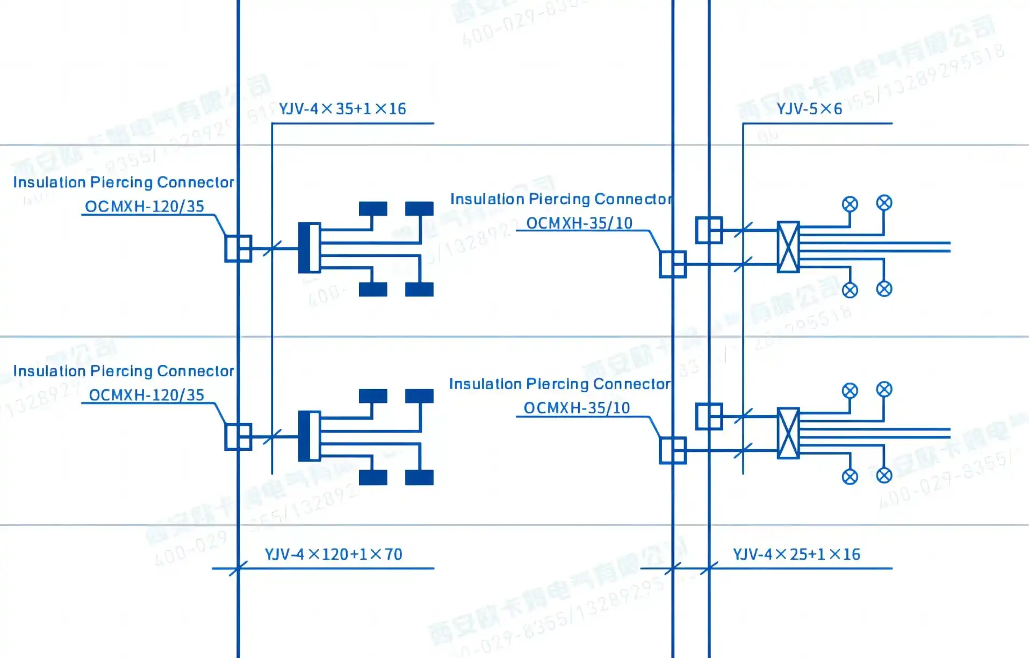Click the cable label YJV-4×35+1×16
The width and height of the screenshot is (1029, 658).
tap(342, 109)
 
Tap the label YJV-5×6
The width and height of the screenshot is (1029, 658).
tap(809, 109)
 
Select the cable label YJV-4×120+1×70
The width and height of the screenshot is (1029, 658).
tap(333, 554)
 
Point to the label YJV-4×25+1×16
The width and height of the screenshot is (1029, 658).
tap(796, 554)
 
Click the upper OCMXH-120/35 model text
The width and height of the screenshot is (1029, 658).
tap(145, 207)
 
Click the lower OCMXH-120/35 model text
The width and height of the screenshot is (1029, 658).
tap(147, 396)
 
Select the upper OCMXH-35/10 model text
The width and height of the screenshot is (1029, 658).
tap(579, 223)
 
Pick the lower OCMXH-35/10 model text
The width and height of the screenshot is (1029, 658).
tap(577, 408)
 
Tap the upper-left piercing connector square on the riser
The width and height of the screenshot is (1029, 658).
tap(238, 248)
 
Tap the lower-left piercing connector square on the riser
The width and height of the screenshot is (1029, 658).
tap(238, 437)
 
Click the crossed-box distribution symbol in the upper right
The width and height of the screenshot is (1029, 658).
tap(788, 247)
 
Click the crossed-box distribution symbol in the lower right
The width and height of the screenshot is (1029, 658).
tap(788, 433)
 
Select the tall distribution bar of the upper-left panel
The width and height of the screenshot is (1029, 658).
tap(309, 248)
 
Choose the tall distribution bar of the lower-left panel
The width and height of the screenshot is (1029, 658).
tap(309, 436)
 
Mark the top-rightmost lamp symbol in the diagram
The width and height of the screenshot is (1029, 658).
tap(884, 203)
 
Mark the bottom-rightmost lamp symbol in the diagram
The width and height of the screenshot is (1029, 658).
tap(884, 476)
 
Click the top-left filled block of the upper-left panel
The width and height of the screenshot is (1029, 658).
tap(373, 208)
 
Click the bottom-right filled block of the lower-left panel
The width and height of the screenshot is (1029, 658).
tap(419, 477)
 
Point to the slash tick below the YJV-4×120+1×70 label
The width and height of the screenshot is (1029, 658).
tap(238, 568)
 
